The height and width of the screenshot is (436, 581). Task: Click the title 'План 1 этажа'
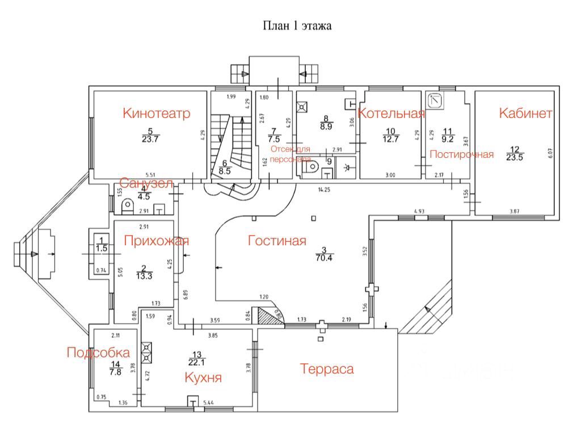point(297,26)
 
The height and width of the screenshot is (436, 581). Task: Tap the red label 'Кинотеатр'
point(156,113)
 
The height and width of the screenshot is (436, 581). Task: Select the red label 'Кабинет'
point(525,113)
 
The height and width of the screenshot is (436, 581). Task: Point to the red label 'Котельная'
point(391,113)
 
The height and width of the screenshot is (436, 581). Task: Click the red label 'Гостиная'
point(277,241)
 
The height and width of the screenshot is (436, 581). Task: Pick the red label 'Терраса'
point(327,369)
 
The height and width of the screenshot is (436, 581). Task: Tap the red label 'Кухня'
point(203,378)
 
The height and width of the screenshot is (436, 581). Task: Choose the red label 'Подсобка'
point(98,353)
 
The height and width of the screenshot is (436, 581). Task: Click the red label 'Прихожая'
point(156,241)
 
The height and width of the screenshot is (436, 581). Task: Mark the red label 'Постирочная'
point(461,154)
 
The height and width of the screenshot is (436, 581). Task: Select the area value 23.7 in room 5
point(150,139)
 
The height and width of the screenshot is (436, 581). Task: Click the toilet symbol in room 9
point(311,169)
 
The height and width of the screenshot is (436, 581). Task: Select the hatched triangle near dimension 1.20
point(267,315)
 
